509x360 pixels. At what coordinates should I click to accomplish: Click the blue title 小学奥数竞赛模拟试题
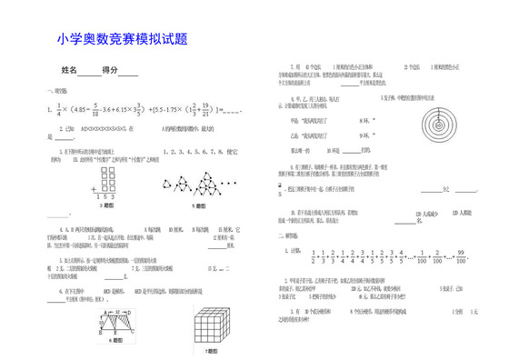click(121, 40)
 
